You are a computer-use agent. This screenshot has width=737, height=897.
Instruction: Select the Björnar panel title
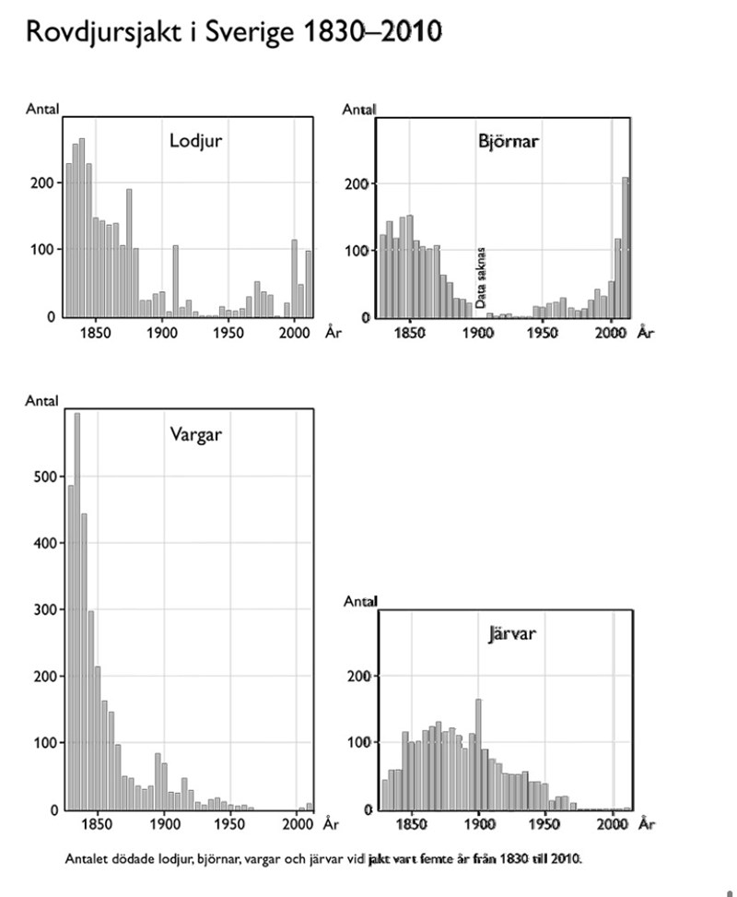(x=509, y=142)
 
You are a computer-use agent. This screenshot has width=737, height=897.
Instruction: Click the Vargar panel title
(x=195, y=433)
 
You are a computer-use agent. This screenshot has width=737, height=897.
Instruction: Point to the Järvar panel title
(x=513, y=634)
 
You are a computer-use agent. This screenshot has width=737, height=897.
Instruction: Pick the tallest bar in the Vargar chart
(x=77, y=608)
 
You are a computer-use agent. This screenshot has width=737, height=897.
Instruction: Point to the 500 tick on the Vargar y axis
(x=45, y=477)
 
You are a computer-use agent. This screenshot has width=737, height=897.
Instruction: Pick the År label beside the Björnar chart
(x=646, y=332)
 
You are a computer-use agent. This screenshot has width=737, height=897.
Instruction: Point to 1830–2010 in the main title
(x=372, y=33)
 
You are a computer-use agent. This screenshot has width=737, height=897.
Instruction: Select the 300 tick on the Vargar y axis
(x=45, y=609)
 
